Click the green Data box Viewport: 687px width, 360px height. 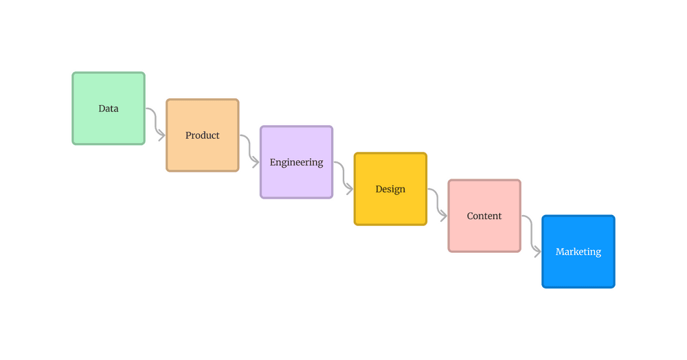pos(109,109)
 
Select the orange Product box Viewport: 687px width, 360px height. pos(203,135)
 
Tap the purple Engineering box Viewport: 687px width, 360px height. pos(297,162)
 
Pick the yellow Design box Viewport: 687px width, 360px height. pos(390,189)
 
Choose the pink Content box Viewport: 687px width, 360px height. pos(484,216)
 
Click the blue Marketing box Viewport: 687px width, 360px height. pos(578,251)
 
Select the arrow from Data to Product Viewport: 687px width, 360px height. pos(156,122)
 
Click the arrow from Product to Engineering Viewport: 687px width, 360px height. pos(250,148)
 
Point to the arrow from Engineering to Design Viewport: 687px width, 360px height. pos(344,176)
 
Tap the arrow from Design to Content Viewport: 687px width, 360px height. pos(438,203)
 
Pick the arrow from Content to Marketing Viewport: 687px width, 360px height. pos(532,234)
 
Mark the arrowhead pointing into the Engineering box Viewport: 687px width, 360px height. pos(256,162)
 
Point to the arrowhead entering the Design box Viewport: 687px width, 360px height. pos(350,189)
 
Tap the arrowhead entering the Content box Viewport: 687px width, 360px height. pos(444,216)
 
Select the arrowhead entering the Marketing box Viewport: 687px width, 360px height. pos(538,252)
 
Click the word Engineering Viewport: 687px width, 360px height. pos(297,163)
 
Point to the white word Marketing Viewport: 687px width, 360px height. pos(578,252)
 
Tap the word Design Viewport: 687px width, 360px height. pos(390,189)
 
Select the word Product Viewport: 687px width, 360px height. pos(203,135)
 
